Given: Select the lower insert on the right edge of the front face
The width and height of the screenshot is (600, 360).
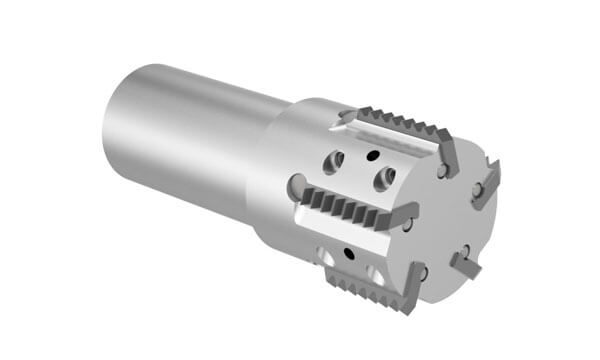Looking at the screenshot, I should pyautogui.click(x=464, y=263).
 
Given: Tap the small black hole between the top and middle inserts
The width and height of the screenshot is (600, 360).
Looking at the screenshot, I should pyautogui.click(x=371, y=155).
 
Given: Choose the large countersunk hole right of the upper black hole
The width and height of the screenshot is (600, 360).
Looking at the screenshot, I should pyautogui.click(x=383, y=178).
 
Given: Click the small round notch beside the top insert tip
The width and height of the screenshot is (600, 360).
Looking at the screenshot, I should pyautogui.click(x=441, y=171).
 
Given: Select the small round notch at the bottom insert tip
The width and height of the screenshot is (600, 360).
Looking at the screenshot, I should pyautogui.click(x=423, y=273).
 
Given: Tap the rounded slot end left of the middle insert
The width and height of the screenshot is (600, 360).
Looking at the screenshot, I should pyautogui.click(x=296, y=185).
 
